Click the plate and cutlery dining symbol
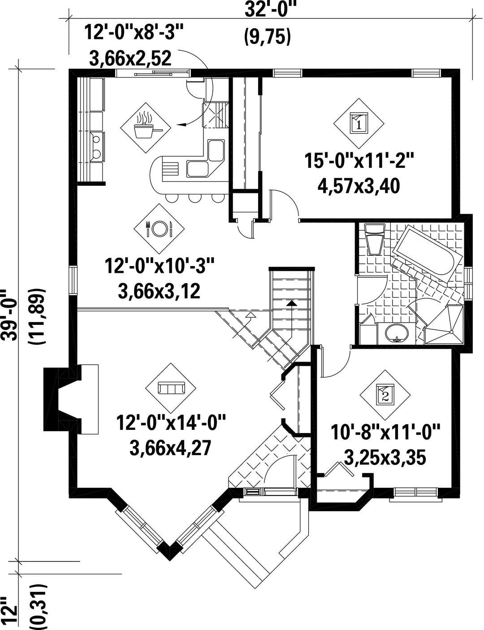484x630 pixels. click(159, 229)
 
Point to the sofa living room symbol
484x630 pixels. click(170, 388)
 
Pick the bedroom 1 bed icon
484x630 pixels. click(359, 123)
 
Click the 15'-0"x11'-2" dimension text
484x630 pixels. click(359, 162)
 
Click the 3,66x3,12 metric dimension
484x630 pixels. click(159, 292)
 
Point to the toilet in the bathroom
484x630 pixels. click(375, 239)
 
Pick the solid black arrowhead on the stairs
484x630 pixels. click(291, 303)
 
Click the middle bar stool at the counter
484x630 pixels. click(194, 197)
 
